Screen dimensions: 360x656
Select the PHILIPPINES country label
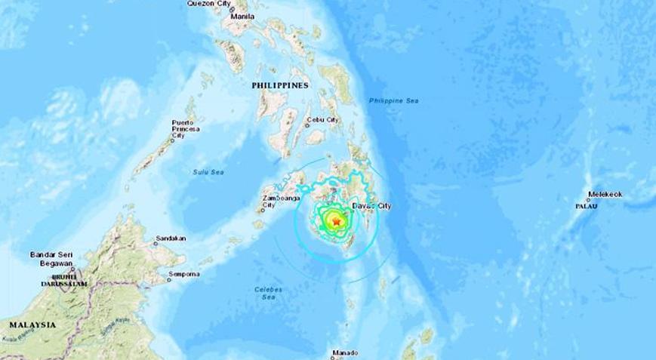point(280,86)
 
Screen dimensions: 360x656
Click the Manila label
point(243,16)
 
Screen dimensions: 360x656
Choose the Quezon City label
point(209,4)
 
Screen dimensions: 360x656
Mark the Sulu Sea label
point(208,173)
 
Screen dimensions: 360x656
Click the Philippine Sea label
point(393,101)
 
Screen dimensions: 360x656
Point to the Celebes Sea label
point(268,293)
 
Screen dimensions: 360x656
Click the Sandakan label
point(171,238)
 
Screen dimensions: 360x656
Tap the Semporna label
point(185,273)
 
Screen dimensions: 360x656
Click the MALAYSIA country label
point(32,325)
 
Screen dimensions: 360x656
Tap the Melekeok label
point(605,195)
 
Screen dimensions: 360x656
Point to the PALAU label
point(587,205)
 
